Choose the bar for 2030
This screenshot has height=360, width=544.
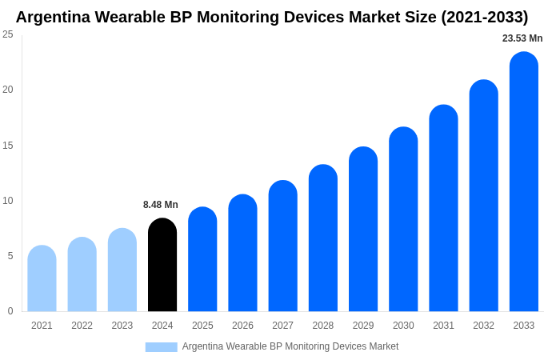click(x=403, y=219)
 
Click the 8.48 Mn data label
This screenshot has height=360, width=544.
click(x=161, y=205)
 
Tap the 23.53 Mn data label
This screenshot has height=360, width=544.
click(x=522, y=38)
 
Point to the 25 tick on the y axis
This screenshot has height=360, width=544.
click(x=8, y=34)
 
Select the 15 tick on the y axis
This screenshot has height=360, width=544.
click(x=8, y=145)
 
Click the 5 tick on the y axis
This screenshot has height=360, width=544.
click(x=10, y=256)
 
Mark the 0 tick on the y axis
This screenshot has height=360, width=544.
click(x=10, y=311)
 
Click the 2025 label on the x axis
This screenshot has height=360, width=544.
click(x=202, y=326)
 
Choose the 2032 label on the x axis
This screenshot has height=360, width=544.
click(x=483, y=326)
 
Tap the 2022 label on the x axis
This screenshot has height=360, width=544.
click(x=82, y=326)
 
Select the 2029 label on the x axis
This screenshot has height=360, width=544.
click(x=363, y=326)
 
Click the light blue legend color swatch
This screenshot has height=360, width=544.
click(x=161, y=347)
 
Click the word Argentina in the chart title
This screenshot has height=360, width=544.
click(x=53, y=17)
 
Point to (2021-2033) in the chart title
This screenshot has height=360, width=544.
click(x=484, y=17)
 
